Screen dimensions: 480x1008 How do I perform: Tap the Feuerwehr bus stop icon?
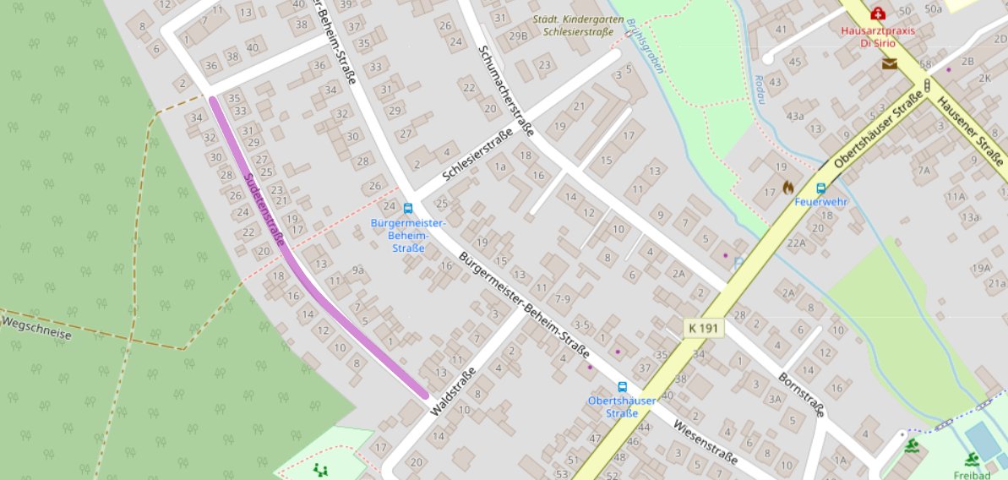coord(820,188)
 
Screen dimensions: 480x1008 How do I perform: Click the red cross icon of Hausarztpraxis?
coord(878,14)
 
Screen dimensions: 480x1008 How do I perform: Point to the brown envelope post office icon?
coord(889,63)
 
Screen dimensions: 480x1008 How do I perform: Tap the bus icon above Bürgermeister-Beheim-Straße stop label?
coord(408,208)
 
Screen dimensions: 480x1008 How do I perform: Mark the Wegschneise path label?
coord(36,329)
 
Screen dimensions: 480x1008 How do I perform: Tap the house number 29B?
coord(518,36)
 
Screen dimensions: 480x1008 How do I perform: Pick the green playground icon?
coord(319,468)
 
